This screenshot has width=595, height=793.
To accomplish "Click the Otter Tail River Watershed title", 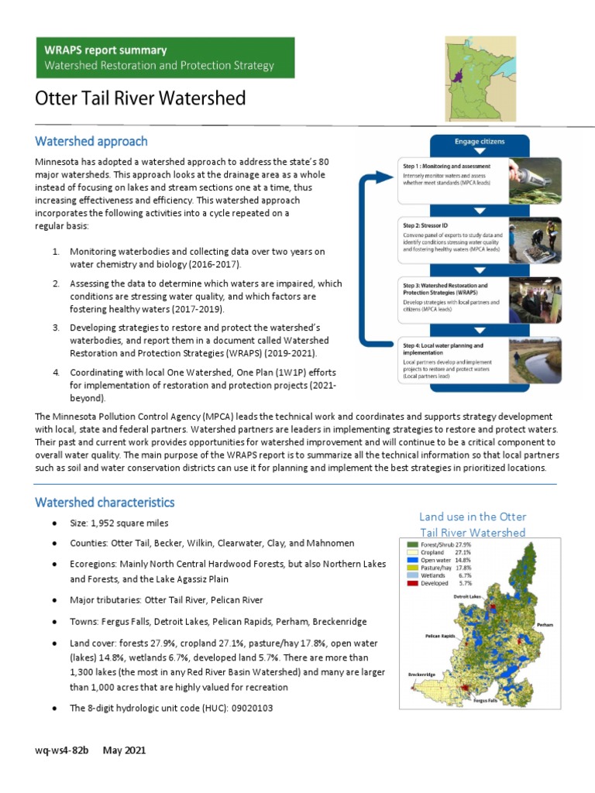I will click(x=140, y=99).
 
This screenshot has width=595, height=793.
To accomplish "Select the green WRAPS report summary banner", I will click(x=164, y=57).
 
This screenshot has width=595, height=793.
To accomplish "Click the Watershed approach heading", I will click(x=91, y=142).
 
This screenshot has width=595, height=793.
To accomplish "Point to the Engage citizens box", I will click(x=479, y=142).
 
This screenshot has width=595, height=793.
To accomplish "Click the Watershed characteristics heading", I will click(x=105, y=503).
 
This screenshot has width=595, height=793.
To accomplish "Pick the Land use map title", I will click(x=472, y=524).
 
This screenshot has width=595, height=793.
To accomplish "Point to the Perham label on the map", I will click(x=544, y=623).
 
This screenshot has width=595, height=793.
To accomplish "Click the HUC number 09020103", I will click(x=249, y=708).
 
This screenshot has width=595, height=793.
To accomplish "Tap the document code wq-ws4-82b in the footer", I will click(x=62, y=750).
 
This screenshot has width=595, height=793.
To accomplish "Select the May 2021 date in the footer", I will click(x=124, y=750).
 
